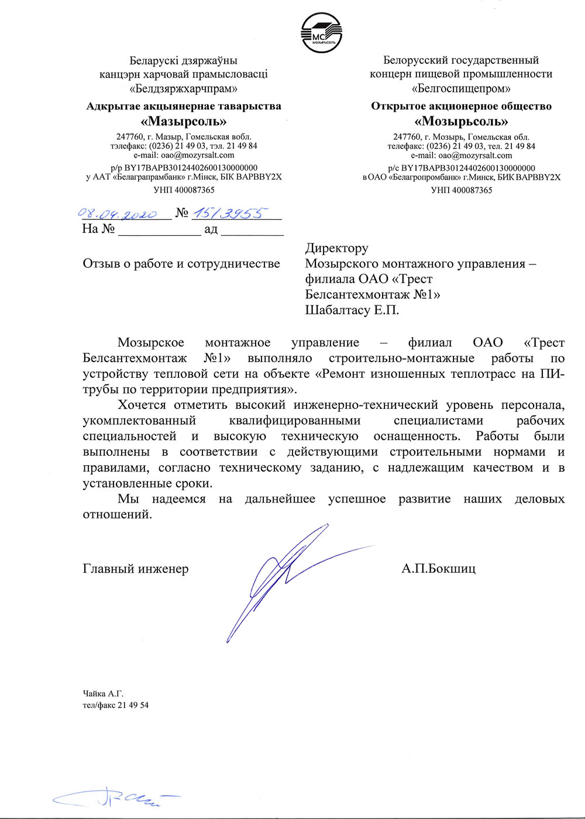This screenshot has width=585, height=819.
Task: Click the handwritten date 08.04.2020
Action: pos(117,214)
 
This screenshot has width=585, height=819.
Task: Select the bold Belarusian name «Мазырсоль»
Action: pos(184,122)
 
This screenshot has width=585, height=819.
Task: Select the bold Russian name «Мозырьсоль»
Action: pos(461,122)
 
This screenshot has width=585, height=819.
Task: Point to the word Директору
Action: pos(336,248)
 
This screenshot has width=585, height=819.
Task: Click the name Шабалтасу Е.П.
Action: pos(352,310)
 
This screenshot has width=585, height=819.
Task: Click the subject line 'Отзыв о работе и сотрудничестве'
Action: pos(181,264)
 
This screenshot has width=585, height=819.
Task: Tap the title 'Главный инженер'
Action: pos(136,569)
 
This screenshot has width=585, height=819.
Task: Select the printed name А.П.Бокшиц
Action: pos(438,569)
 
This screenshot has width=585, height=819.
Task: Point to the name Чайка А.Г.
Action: pos(103,694)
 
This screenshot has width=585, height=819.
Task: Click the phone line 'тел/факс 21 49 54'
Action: pos(116,706)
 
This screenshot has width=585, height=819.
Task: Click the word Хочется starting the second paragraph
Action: pos(142,405)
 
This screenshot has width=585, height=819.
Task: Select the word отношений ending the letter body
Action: pos(117,515)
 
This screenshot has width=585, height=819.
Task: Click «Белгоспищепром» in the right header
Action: pos(461,89)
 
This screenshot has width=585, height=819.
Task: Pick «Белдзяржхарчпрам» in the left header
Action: pos(184,89)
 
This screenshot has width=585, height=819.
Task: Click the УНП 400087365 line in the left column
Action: pos(184,190)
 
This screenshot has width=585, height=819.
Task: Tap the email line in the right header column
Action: pos(461,156)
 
